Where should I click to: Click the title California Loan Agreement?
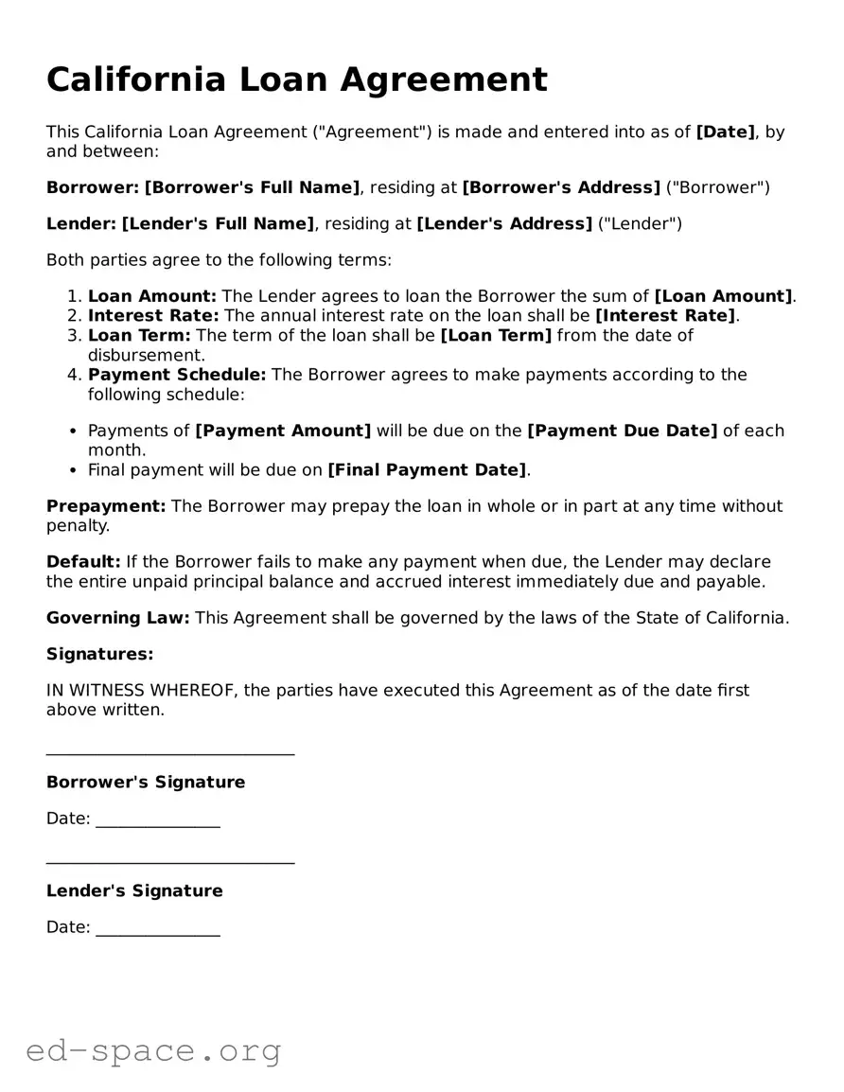click(x=296, y=79)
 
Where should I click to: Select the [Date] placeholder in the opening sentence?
click(x=726, y=132)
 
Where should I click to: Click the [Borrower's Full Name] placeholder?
click(x=252, y=187)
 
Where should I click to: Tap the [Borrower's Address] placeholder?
click(x=561, y=187)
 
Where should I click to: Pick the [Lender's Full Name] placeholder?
click(x=218, y=224)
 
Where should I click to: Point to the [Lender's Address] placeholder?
click(x=504, y=224)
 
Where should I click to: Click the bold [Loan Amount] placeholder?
click(x=724, y=296)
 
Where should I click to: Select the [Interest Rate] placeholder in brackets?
click(x=665, y=316)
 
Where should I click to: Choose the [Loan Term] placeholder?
click(x=496, y=336)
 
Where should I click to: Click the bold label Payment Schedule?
click(x=177, y=375)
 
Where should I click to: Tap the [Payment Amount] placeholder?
click(x=283, y=431)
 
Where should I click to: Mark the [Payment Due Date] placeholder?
click(x=622, y=431)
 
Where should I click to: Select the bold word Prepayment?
click(x=106, y=506)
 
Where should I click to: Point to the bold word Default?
click(x=83, y=562)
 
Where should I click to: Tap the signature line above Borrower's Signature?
click(x=170, y=753)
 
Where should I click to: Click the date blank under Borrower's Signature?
click(x=158, y=825)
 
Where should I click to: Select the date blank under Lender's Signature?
click(x=158, y=934)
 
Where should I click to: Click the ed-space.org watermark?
click(x=153, y=1050)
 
